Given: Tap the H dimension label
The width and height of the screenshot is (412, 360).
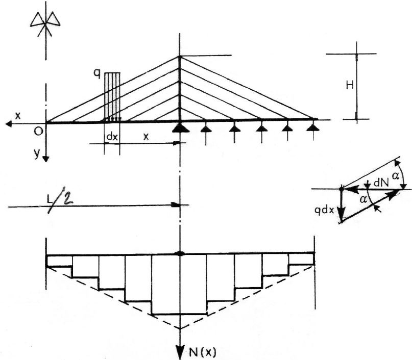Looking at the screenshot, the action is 350,85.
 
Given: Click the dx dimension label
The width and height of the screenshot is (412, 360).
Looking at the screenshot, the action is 112,137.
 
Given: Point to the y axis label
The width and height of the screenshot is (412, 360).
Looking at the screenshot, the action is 37,153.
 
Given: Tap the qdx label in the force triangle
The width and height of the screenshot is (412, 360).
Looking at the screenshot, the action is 324,210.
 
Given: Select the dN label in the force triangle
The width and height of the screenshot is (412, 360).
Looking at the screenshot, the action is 381,183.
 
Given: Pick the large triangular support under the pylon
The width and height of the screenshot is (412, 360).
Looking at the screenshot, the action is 180,127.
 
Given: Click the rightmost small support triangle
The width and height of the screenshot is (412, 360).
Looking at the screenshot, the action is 313,127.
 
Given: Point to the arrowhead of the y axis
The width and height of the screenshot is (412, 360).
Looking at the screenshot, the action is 46,159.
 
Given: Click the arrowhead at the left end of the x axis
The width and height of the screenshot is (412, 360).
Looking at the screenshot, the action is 9,124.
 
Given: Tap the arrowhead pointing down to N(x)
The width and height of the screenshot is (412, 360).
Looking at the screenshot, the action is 180,353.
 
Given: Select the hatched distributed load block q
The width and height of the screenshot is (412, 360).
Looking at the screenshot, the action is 112,97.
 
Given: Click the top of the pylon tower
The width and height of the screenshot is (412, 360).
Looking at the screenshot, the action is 180,57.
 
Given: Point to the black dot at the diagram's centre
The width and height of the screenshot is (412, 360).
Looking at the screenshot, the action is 180,253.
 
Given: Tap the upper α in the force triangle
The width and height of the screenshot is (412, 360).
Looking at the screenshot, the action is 395,175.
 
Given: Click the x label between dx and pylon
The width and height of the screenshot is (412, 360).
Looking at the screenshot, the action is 146,137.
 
